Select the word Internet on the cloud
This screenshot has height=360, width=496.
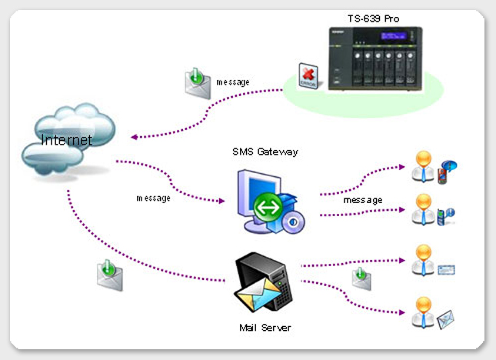pos(66,140)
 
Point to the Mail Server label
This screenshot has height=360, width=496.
pos(265,328)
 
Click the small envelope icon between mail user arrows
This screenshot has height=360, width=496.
pos(359,274)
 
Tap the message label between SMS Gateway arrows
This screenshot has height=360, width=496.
pos(362,200)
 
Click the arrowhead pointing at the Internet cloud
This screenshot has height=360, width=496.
pos(135,138)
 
